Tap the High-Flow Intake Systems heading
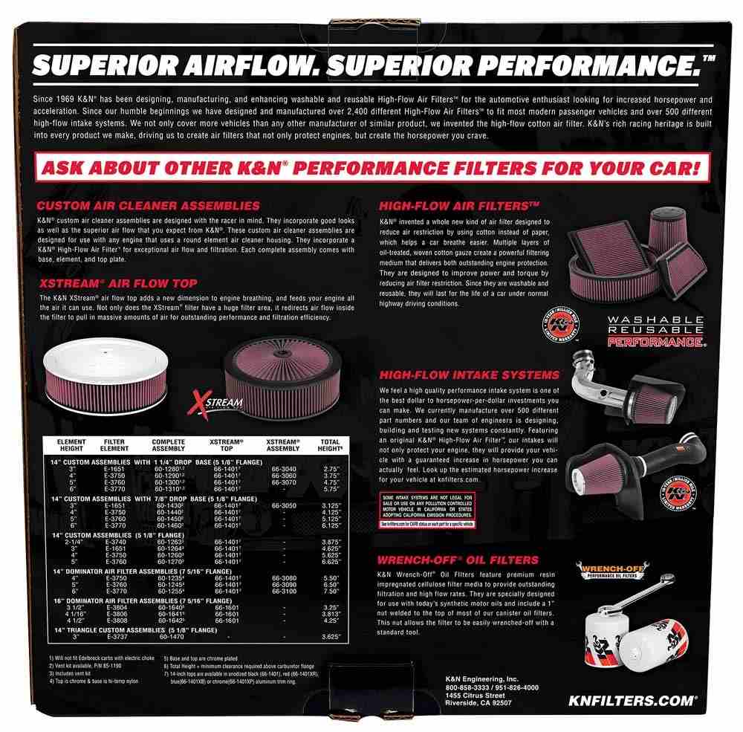[x=469, y=375]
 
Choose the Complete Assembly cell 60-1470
[x=171, y=635]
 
